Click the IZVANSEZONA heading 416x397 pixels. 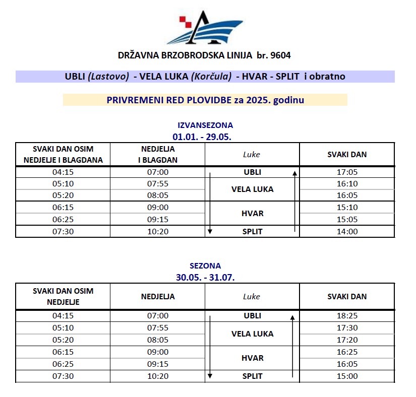coord(205,125)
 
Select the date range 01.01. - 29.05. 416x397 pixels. coord(205,136)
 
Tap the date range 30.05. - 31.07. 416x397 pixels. coord(205,277)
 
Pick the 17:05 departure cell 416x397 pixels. coord(347,172)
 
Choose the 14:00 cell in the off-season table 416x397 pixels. coord(347,232)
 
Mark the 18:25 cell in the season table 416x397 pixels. coord(347,316)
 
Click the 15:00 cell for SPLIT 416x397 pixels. coord(347,376)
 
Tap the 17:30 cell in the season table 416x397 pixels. coord(347,327)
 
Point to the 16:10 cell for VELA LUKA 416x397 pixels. coord(347,183)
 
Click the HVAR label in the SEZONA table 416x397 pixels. coord(252,358)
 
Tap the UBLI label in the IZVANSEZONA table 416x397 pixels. coord(252,172)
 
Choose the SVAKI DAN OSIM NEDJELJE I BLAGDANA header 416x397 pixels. coord(63,155)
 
